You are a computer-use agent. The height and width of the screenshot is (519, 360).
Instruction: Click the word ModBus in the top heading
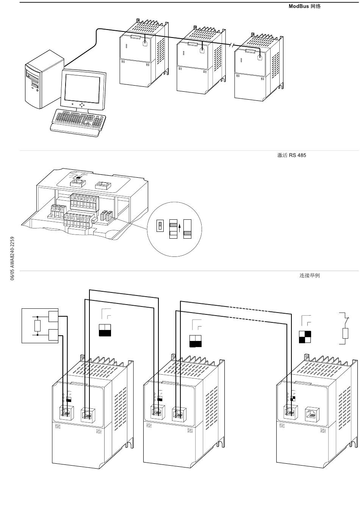299,6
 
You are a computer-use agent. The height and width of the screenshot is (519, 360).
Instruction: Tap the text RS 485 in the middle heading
297,155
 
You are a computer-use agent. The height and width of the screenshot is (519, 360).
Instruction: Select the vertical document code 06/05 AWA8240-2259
13,258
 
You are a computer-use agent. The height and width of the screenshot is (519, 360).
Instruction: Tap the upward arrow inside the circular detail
179,229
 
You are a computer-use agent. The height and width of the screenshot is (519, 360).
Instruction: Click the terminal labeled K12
53,209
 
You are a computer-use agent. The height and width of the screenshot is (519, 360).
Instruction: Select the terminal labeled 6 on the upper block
75,199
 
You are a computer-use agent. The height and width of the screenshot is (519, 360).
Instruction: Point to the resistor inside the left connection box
38,325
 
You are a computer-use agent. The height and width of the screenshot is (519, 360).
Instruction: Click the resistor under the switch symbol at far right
345,333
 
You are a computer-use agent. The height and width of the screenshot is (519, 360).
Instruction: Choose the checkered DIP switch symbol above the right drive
305,337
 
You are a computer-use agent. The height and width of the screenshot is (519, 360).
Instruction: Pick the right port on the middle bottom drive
179,414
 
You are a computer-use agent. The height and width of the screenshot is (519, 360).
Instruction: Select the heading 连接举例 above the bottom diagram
310,275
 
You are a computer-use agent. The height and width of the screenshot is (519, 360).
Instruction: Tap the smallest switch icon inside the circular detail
160,227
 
